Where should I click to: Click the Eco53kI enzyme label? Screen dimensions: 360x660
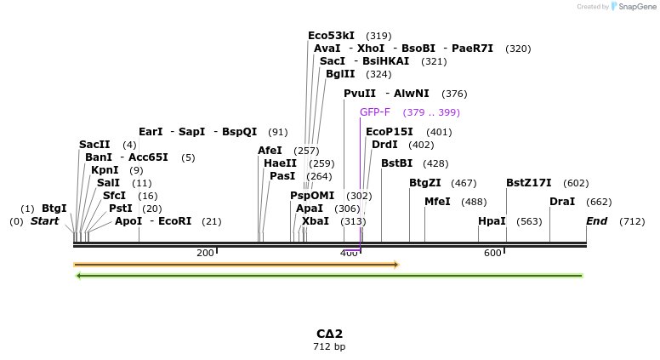(x=331, y=36)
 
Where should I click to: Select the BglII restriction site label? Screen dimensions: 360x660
(x=340, y=74)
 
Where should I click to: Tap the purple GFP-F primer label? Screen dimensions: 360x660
(x=374, y=112)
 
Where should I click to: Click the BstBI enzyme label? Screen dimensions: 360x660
(x=396, y=163)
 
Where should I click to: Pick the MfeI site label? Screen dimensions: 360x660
(x=437, y=202)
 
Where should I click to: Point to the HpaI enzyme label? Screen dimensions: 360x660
(x=492, y=221)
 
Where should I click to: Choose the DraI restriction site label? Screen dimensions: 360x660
(x=562, y=202)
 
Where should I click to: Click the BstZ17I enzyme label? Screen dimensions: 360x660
(x=528, y=183)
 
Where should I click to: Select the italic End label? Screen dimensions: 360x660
(x=597, y=221)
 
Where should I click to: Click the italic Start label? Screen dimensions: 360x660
(x=45, y=221)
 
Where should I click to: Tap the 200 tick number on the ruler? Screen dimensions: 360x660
(x=205, y=253)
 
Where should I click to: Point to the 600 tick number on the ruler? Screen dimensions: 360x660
(x=492, y=253)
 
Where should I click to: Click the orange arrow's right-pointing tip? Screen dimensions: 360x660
(x=397, y=265)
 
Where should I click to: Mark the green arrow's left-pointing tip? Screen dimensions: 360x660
(x=77, y=276)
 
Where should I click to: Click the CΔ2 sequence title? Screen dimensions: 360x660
(x=329, y=334)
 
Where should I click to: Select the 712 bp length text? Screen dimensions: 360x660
(x=329, y=346)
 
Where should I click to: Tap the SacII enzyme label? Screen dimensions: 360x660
(x=94, y=145)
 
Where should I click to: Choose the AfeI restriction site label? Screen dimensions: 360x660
(x=270, y=151)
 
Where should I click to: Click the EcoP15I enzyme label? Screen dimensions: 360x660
(x=389, y=132)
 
